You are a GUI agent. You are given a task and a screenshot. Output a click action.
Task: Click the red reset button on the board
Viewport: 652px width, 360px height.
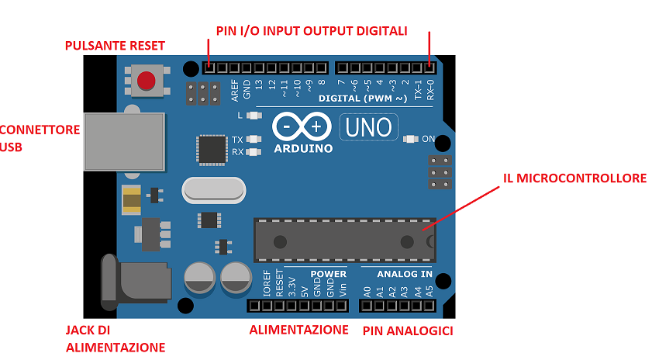coord(145,81)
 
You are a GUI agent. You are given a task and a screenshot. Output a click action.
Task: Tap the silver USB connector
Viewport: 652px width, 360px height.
coord(124,141)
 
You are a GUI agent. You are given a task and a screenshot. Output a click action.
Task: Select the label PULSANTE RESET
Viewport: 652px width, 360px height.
coord(115,46)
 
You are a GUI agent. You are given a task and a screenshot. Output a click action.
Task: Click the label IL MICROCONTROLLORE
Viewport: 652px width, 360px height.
coord(574,178)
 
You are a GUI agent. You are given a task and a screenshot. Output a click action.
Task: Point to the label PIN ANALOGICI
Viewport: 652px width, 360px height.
coord(408,331)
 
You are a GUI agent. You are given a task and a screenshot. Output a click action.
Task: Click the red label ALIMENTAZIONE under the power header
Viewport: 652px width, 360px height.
coord(298,330)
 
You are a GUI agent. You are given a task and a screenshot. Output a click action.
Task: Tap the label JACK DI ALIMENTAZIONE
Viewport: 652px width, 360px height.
coord(115,338)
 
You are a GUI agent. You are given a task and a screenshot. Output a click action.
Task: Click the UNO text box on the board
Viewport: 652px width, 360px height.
coord(369,126)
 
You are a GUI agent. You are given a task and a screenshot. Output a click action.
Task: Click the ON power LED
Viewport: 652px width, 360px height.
coord(411,139)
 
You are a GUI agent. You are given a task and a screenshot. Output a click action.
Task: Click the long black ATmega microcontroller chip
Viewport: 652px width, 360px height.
coord(344,241)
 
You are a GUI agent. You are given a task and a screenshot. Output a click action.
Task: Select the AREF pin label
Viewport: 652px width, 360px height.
coord(234,91)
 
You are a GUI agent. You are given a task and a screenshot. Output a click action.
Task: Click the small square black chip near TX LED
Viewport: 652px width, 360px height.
coord(210,149)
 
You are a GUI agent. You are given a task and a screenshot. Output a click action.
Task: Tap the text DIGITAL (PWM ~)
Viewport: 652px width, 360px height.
coord(363,99)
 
